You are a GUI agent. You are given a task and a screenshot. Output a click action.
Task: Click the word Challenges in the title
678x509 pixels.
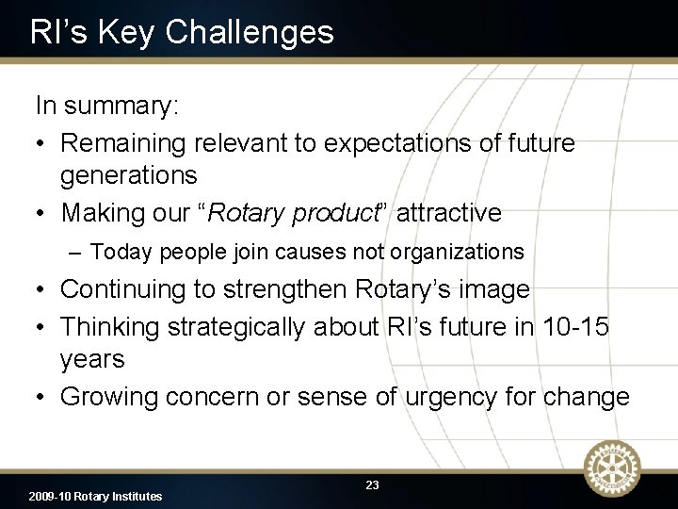(x=249, y=32)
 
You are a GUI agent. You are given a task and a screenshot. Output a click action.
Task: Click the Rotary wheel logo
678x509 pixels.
(x=612, y=468)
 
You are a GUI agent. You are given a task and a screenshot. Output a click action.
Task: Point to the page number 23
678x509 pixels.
(x=372, y=484)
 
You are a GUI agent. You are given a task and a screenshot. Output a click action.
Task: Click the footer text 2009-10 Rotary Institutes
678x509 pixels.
(x=95, y=496)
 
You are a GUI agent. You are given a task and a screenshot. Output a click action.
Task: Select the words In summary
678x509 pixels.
(x=106, y=106)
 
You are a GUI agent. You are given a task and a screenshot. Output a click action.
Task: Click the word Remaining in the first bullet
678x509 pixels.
(x=123, y=143)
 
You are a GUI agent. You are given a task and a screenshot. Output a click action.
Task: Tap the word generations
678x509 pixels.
(x=129, y=175)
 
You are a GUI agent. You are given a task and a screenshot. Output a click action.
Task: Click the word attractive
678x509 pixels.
(x=449, y=213)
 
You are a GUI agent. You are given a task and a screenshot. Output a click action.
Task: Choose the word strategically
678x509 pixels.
(x=229, y=327)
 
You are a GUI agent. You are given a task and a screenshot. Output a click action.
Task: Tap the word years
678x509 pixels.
(x=92, y=359)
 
